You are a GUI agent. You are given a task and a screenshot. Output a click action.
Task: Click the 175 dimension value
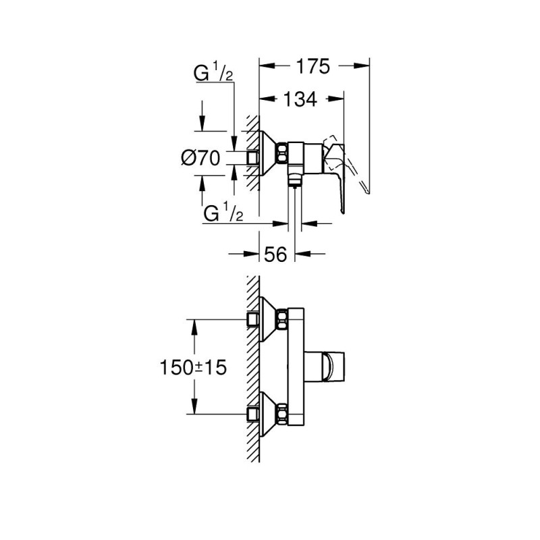click(313, 66)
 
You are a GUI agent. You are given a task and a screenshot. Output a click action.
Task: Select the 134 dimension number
click(300, 99)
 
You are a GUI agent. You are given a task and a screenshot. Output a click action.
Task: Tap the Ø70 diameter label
click(200, 159)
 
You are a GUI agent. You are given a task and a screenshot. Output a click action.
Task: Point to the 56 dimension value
click(275, 254)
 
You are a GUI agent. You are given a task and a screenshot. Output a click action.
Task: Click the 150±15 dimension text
click(193, 367)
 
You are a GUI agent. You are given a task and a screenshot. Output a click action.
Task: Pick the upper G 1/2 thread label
click(213, 74)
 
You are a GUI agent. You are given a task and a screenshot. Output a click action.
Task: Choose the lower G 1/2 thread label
click(223, 213)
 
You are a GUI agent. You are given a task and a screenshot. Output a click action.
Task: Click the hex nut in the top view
click(282, 153)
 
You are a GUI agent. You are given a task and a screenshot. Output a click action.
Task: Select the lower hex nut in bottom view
click(282, 414)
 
